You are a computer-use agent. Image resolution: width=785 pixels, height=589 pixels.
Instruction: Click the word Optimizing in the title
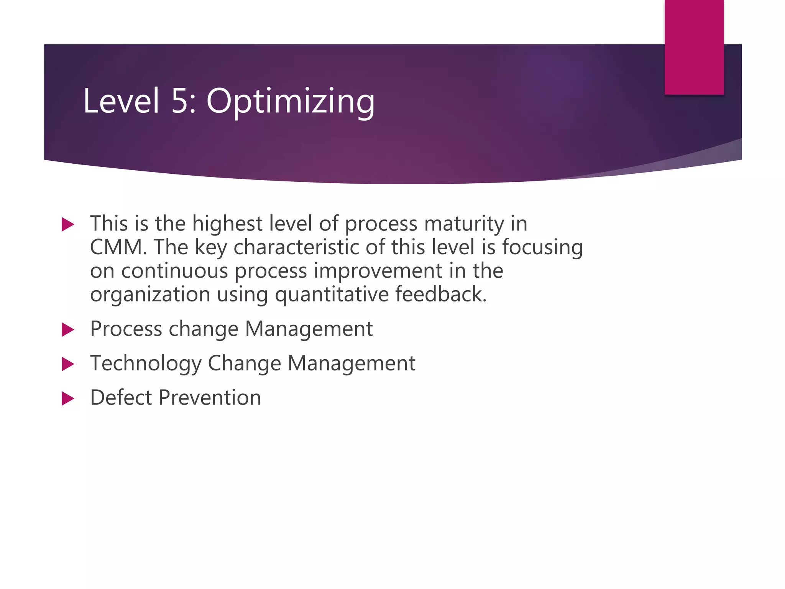point(290,101)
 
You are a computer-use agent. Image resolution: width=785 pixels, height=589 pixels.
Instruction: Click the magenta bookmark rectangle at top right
point(694,47)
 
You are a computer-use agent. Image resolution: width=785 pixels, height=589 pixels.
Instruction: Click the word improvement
point(378,271)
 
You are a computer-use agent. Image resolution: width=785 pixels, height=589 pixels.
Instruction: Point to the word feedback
point(440,294)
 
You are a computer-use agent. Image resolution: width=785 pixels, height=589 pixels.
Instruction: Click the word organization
point(150,295)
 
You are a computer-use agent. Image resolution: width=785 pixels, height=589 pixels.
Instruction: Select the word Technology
point(146,364)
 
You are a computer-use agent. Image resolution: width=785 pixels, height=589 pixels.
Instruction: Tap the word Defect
point(121,397)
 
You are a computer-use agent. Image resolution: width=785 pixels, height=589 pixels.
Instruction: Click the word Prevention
point(210,397)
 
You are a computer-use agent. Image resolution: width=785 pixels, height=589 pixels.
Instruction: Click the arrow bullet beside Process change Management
point(67,329)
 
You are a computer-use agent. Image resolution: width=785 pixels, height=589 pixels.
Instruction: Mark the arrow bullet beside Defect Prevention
point(67,398)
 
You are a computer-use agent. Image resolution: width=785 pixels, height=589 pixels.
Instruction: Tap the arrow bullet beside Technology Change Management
point(67,364)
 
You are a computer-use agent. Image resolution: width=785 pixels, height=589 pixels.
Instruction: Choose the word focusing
point(542,247)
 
